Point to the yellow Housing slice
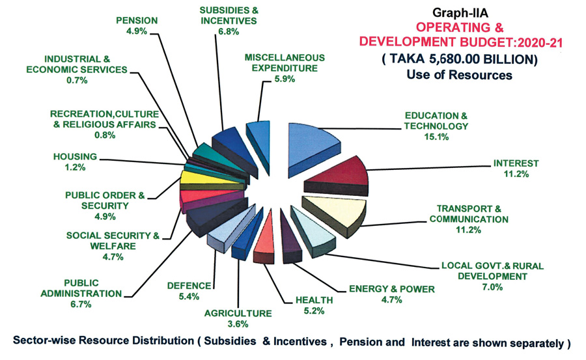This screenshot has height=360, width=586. [195, 176]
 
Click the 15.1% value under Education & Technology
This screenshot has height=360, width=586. [436, 137]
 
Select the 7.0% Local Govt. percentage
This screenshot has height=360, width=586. [492, 287]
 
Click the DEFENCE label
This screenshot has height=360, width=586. [189, 285]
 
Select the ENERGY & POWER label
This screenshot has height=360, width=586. [385, 288]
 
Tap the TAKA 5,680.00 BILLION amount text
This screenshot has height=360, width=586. [460, 59]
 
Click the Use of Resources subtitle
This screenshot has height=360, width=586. [460, 75]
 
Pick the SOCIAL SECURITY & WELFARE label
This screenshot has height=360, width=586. [113, 240]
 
